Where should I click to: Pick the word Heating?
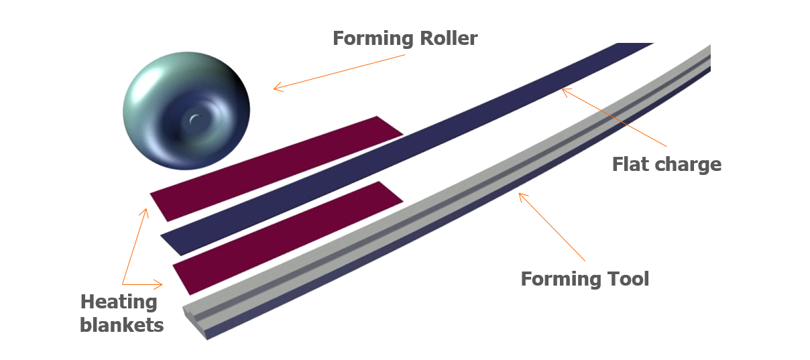[x=119, y=302]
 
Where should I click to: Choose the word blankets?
[x=121, y=326]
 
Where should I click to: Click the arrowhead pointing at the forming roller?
[x=276, y=87]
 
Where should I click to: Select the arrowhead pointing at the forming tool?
[x=522, y=196]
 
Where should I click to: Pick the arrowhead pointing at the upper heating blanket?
[x=145, y=212]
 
